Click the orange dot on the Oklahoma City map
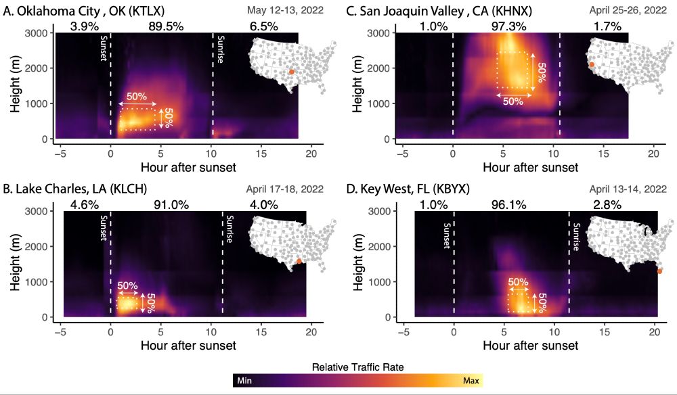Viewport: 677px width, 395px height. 292,72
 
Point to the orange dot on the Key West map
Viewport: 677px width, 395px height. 659,271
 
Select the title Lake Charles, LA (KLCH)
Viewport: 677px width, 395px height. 76,189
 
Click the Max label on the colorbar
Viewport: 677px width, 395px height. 471,381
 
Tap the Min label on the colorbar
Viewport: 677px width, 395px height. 244,381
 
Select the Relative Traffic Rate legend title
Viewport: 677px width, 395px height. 357,367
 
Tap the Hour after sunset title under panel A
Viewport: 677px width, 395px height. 188,167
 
